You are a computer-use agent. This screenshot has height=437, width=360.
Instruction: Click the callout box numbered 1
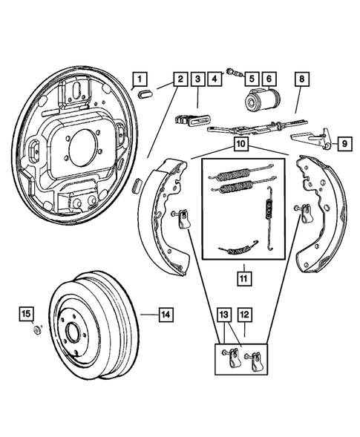point(141,78)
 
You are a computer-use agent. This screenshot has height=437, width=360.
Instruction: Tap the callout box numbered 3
point(197,78)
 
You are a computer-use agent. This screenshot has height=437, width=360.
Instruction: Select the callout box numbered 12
point(244,315)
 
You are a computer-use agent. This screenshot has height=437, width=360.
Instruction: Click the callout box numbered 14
point(166,315)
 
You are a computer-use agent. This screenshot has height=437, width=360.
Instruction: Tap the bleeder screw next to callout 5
point(235,73)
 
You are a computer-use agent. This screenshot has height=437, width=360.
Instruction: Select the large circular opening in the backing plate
point(82,144)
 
